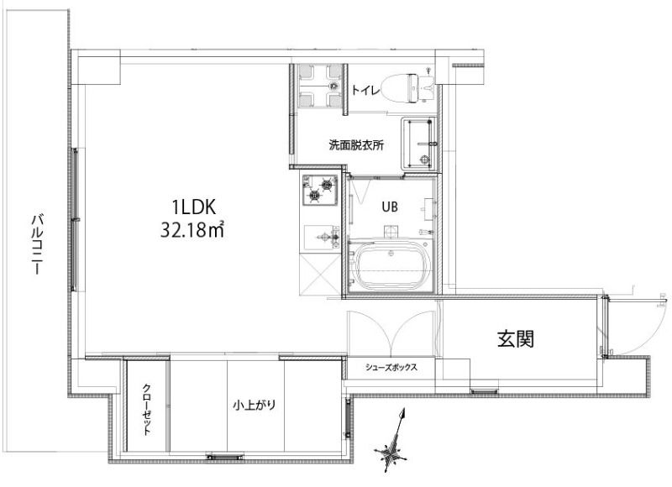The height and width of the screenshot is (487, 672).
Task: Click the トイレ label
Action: click(x=365, y=90)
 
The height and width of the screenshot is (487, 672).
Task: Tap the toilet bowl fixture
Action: click(x=407, y=88)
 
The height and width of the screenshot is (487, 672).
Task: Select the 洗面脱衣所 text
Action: click(x=356, y=145)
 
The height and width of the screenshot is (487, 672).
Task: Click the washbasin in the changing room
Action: click(x=419, y=144)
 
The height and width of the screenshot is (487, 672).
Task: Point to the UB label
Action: click(x=390, y=207)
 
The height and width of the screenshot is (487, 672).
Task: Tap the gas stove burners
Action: click(x=320, y=190)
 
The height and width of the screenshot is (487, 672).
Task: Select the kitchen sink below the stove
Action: click(x=322, y=237)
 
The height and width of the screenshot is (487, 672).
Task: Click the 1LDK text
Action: click(x=193, y=207)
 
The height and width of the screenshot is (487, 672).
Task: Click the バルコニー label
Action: click(x=38, y=244)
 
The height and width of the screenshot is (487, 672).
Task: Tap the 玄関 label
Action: click(x=516, y=339)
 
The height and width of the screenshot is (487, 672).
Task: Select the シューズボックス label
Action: click(x=391, y=367)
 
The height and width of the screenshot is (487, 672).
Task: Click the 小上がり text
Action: click(x=255, y=405)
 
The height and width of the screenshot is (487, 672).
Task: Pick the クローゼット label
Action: click(x=146, y=409)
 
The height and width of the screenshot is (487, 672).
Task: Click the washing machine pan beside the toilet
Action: click(x=320, y=86)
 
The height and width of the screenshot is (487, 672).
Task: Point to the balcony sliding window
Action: click(x=75, y=219)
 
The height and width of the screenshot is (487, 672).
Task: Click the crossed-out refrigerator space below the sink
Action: click(x=320, y=274)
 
